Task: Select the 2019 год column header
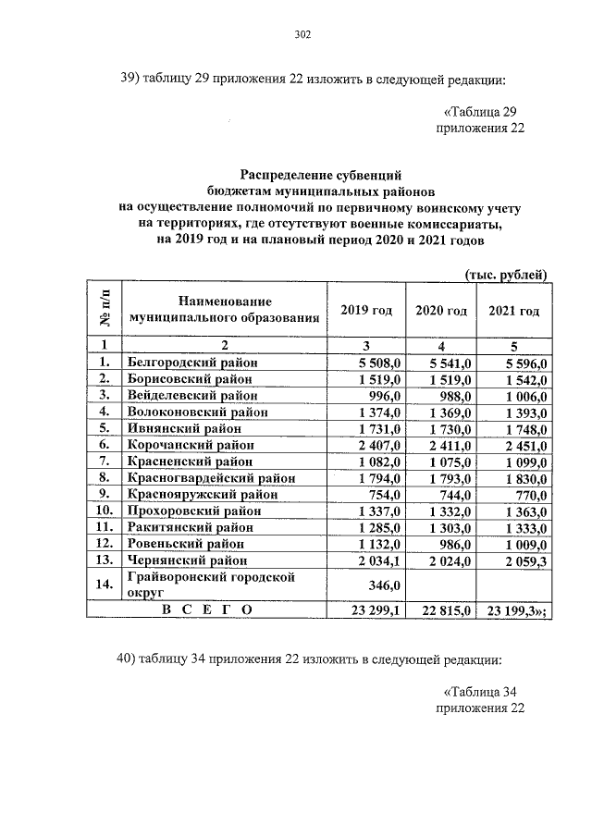click(366, 310)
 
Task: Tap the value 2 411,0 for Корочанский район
click(450, 445)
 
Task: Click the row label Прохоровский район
click(193, 511)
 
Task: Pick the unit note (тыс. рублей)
click(504, 274)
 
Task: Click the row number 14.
click(105, 585)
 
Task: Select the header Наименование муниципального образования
click(226, 309)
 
